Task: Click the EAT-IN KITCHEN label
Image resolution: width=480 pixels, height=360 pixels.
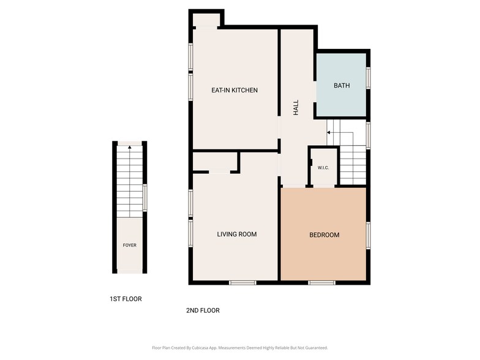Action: pos(234,91)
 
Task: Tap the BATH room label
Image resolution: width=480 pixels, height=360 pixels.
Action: pos(342,86)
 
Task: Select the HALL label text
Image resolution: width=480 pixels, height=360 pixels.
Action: pos(296,108)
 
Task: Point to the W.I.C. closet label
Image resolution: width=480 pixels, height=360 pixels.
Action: pos(323,168)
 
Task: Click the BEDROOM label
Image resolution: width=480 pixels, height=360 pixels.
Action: pos(324,235)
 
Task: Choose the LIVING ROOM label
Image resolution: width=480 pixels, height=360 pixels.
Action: pos(237,234)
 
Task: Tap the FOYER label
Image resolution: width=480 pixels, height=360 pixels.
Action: pos(130,246)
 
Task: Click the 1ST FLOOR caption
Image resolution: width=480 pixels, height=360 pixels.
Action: pos(126,299)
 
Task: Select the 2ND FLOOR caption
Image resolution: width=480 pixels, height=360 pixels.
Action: pos(203,310)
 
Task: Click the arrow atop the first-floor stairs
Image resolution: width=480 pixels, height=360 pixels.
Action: pos(129,148)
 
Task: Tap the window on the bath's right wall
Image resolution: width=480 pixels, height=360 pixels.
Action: pos(368,77)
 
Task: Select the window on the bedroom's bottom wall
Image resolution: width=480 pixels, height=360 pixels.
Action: pos(321,282)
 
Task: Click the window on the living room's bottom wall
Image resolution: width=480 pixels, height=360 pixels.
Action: pos(242,282)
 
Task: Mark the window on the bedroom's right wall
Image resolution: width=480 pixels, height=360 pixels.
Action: pos(368,235)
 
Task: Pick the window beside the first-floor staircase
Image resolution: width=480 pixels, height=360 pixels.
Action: pos(145,198)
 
